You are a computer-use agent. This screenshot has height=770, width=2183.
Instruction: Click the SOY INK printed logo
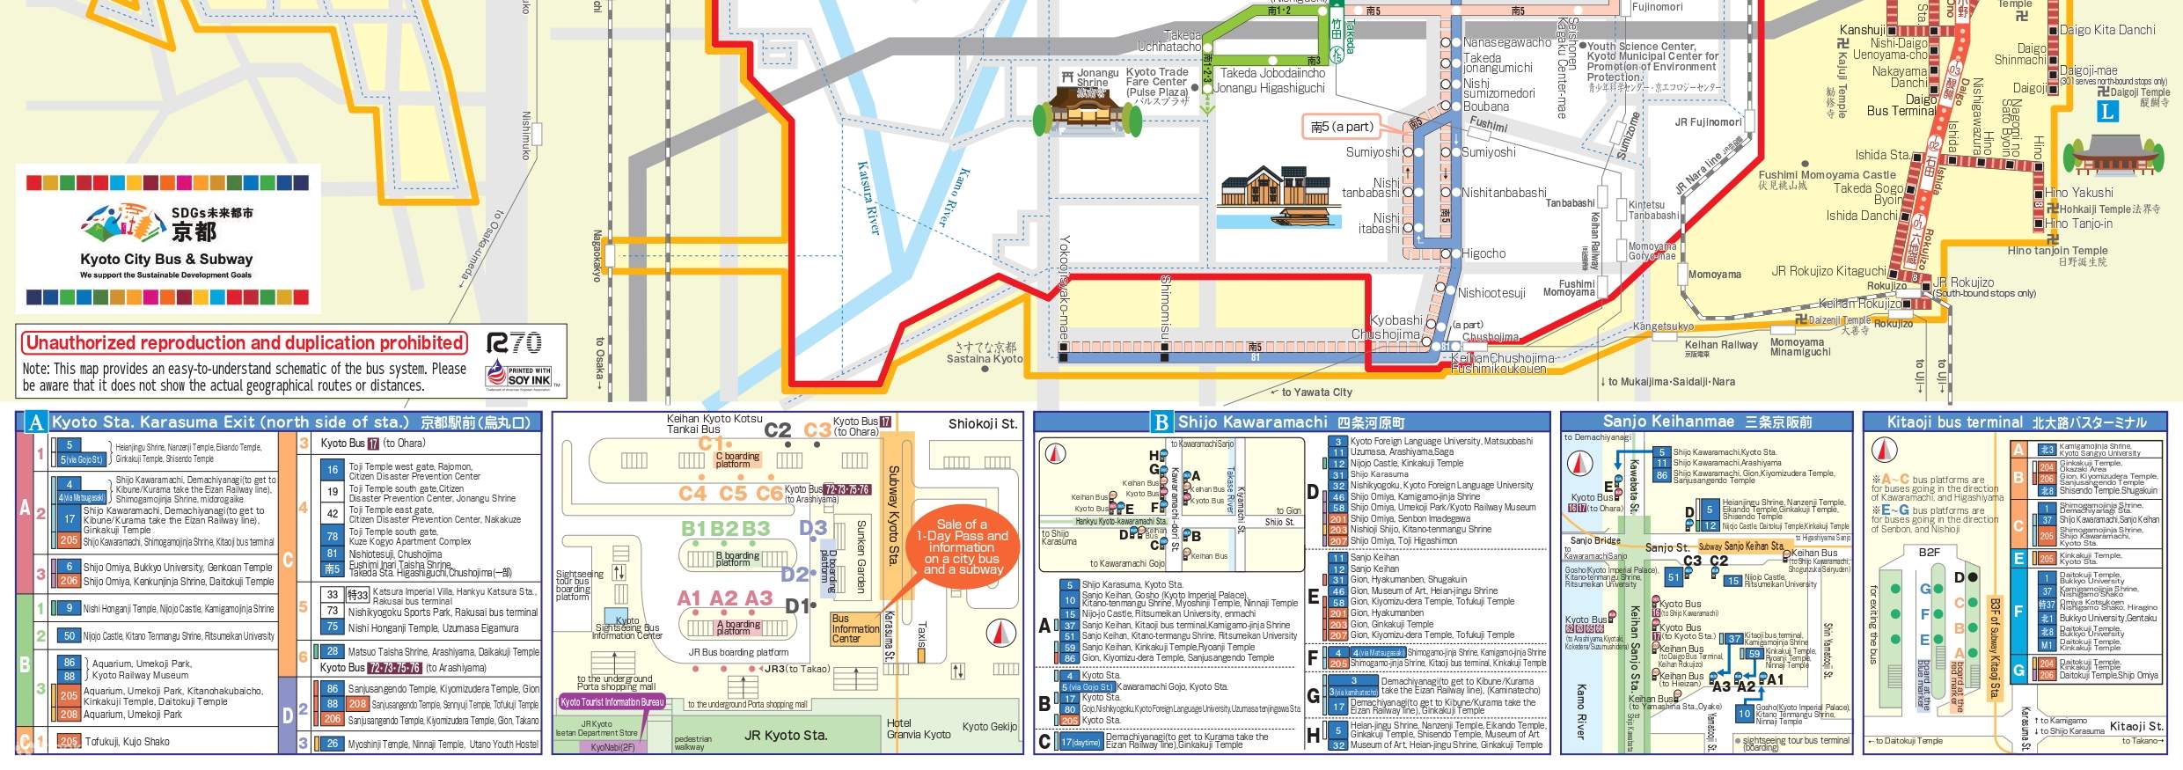pos(520,375)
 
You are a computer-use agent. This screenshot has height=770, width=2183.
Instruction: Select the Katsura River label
pos(868,198)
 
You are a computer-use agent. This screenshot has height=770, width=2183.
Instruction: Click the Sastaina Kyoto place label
pos(985,353)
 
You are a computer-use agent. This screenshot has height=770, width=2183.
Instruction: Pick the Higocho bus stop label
pos(1483,253)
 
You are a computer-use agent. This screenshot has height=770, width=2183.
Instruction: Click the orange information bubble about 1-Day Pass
pos(962,546)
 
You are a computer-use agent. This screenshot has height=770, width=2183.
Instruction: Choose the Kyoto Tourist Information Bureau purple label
pos(612,702)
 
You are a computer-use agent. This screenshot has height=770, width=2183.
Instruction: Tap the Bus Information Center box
pos(854,628)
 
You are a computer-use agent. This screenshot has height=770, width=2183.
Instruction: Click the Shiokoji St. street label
pos(982,423)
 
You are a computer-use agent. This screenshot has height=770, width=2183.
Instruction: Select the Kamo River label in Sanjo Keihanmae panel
pos(1580,711)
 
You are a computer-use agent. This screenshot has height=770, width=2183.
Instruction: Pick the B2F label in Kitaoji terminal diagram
pos(1929,552)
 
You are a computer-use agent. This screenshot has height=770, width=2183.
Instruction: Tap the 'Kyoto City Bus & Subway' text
pos(166,260)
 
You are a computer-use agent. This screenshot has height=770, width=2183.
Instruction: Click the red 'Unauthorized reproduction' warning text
pos(244,343)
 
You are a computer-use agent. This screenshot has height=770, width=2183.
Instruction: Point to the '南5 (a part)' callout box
pos(1342,127)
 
